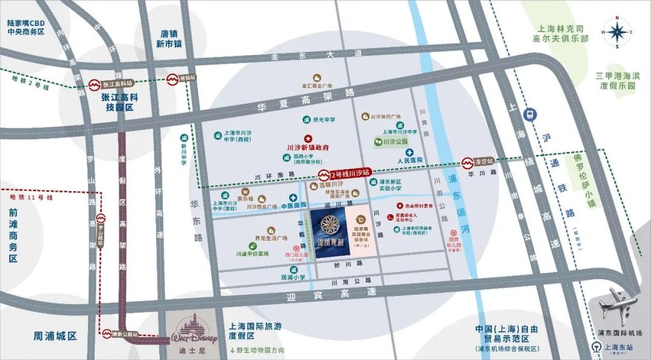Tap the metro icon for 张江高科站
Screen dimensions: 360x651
pos(95,85)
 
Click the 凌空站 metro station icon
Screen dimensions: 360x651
pos(467,162)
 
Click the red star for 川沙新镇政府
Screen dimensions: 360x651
pos(307,138)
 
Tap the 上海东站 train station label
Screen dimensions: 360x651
pos(615,347)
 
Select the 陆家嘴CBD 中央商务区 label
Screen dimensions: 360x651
pos(26,27)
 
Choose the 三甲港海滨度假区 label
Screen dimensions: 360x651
pos(615,80)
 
